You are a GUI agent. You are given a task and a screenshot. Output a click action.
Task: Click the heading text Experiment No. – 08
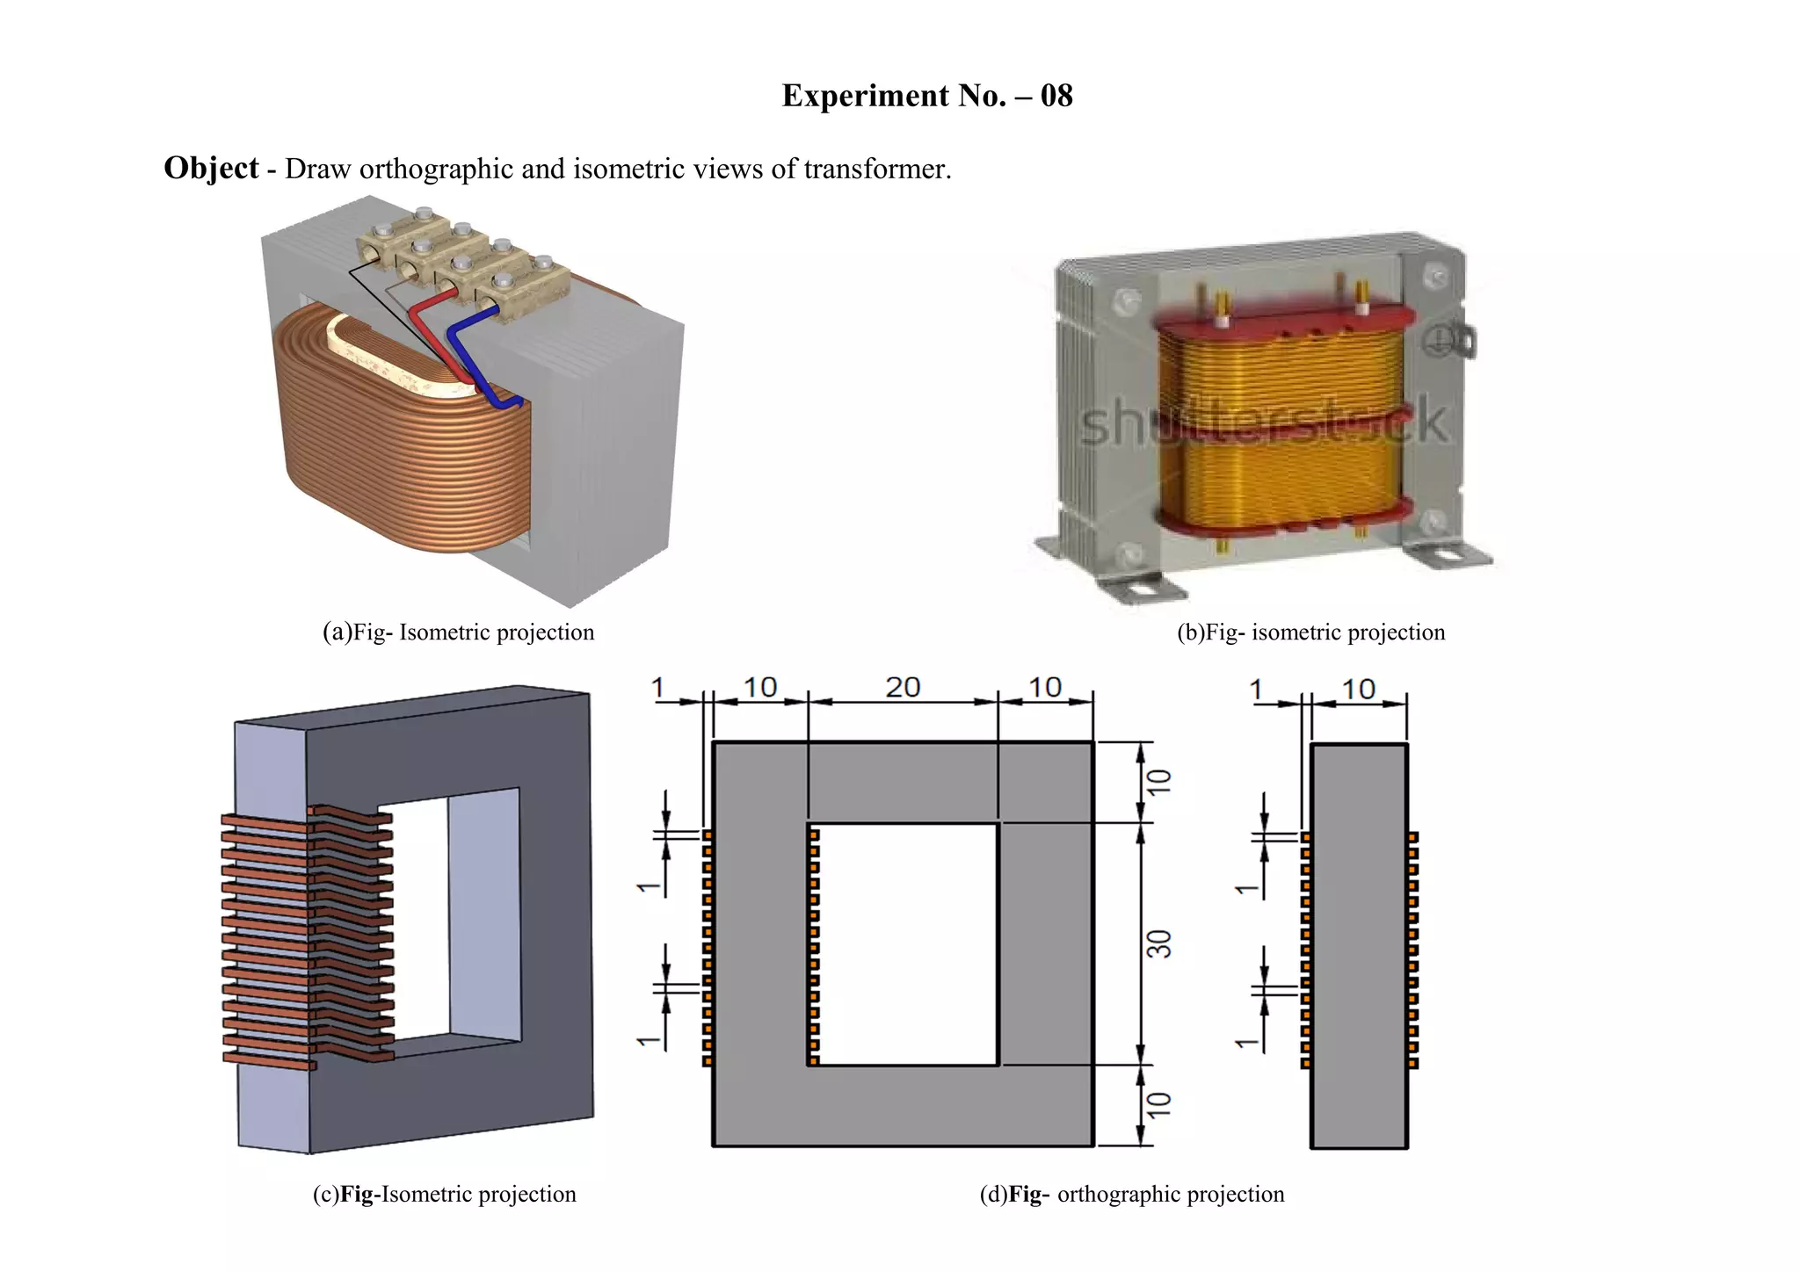click(x=926, y=96)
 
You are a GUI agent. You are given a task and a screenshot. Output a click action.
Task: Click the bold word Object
click(x=211, y=168)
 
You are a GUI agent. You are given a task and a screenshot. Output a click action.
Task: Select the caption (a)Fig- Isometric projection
click(x=458, y=632)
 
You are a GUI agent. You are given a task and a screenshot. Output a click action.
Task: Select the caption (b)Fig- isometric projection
click(x=1310, y=632)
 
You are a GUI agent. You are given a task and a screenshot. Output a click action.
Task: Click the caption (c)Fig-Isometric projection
click(x=444, y=1195)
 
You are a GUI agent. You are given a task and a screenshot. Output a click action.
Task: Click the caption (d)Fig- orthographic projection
click(x=1132, y=1195)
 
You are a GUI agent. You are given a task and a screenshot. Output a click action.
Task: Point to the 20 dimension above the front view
click(x=903, y=688)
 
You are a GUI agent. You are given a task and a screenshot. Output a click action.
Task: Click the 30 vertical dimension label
click(x=1160, y=945)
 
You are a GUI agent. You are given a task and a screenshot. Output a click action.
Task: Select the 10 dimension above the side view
click(x=1359, y=690)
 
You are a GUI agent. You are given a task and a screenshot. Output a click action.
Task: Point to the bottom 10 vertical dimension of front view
click(x=1160, y=1105)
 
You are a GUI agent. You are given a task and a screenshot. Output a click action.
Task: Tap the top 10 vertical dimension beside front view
click(x=1160, y=782)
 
